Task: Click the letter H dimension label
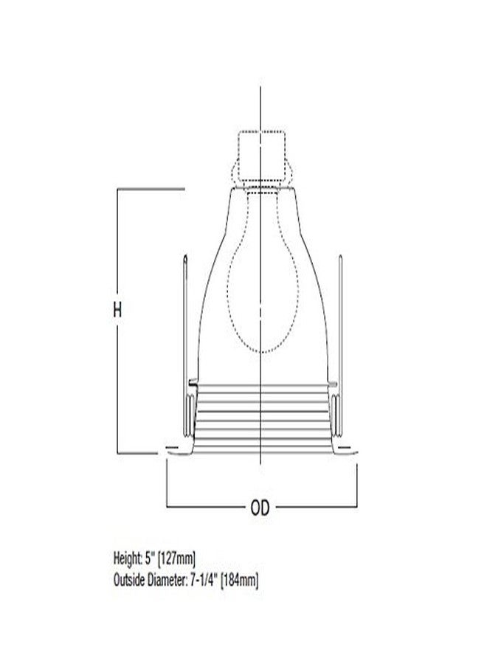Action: [117, 310]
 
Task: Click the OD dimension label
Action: [260, 508]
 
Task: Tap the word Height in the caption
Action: [127, 558]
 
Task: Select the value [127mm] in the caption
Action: [176, 559]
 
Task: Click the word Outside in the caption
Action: [129, 580]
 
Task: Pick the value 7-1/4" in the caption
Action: [203, 579]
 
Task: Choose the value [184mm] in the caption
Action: [240, 580]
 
